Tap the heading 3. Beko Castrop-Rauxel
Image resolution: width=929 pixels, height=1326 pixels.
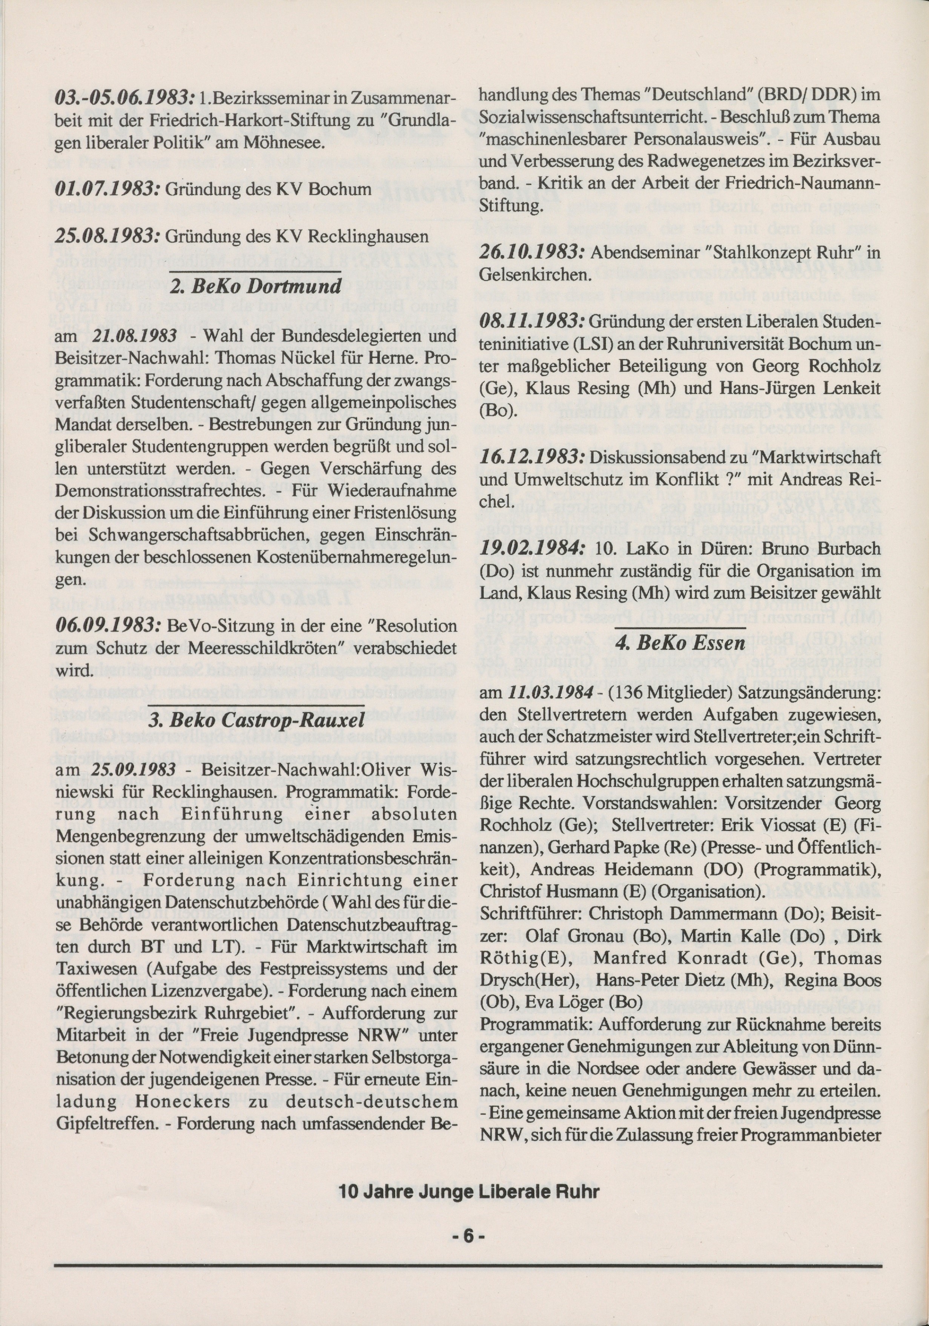coord(256,720)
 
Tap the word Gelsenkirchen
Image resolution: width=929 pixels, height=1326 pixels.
coord(535,274)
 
